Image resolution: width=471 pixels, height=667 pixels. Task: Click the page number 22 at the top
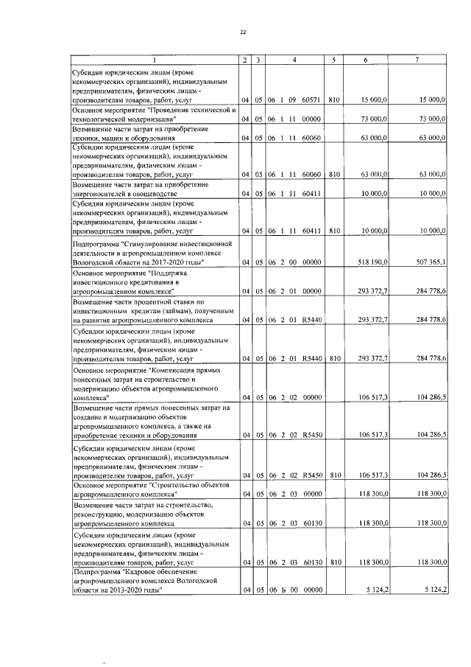[x=242, y=32]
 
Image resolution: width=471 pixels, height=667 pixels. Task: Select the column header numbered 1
[x=155, y=59]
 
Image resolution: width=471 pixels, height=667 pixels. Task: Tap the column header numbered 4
[x=294, y=59]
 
